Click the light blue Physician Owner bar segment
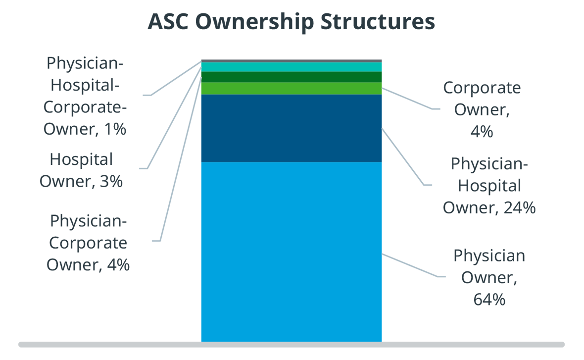pyautogui.click(x=291, y=252)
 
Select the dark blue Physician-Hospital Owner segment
pyautogui.click(x=291, y=128)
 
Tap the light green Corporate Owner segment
pyautogui.click(x=291, y=88)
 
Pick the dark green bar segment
pyautogui.click(x=291, y=77)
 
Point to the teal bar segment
pyautogui.click(x=291, y=67)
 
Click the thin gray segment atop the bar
pyautogui.click(x=291, y=61)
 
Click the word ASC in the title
pyautogui.click(x=169, y=21)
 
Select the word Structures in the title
pyautogui.click(x=378, y=21)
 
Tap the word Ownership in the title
pyautogui.click(x=255, y=22)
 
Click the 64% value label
pyautogui.click(x=489, y=300)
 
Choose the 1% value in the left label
pyautogui.click(x=115, y=129)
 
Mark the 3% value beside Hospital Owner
pyautogui.click(x=111, y=182)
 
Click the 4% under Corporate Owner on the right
pyautogui.click(x=482, y=132)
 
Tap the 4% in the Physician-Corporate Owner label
pyautogui.click(x=118, y=265)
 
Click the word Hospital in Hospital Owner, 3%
pyautogui.click(x=81, y=160)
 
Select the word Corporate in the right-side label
pyautogui.click(x=482, y=88)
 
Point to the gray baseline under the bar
pyautogui.click(x=291, y=345)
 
